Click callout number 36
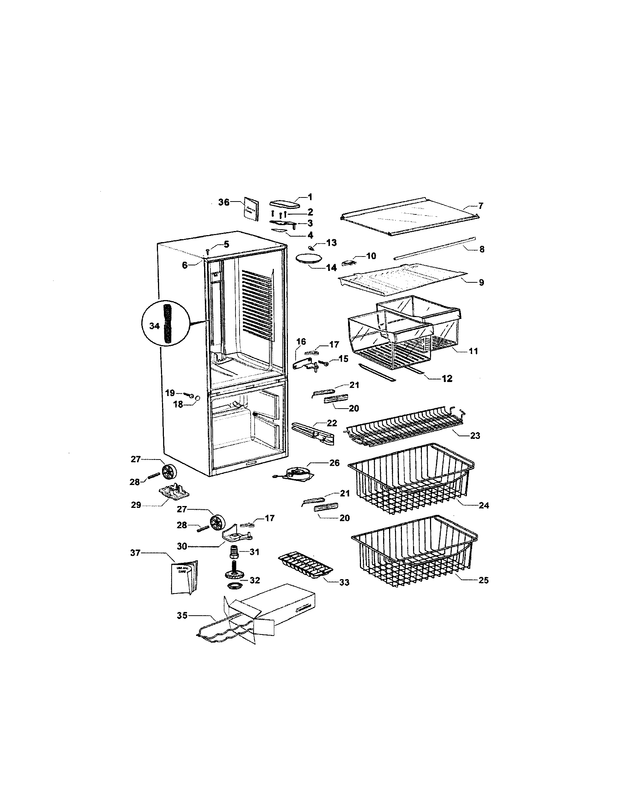pos(224,202)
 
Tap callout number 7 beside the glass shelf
pos(481,206)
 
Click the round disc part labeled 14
pos(307,259)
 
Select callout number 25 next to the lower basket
pos(483,580)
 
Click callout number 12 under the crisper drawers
pos(447,379)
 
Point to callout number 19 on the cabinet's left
pos(170,393)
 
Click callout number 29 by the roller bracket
pos(136,505)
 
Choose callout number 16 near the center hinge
pos(301,341)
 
